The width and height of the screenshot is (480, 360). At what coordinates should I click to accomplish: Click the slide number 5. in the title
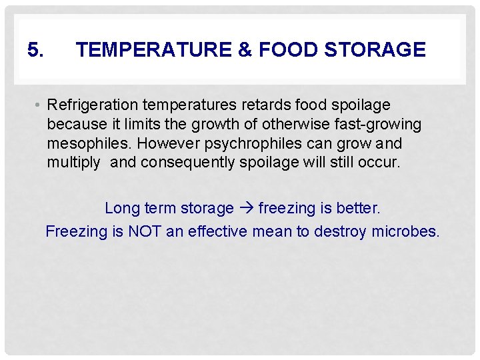(36, 49)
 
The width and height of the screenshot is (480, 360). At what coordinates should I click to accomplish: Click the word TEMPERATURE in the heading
(153, 49)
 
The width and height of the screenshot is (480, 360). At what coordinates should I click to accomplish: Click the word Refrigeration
(92, 105)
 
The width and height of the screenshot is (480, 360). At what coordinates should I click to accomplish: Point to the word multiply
(73, 163)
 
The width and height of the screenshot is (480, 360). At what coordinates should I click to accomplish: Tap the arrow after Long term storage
(246, 209)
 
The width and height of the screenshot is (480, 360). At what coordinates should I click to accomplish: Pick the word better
(359, 209)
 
